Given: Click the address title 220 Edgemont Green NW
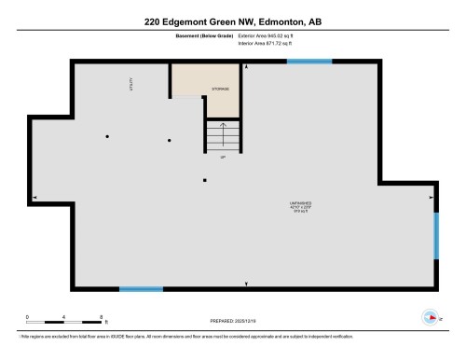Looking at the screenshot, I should click(232, 20).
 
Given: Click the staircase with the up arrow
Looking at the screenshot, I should click(223, 136).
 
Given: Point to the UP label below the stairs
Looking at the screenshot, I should click(223, 157).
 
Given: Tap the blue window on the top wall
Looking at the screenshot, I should click(309, 62).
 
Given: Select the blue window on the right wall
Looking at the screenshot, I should click(435, 235).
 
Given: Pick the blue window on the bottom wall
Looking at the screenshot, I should click(142, 288).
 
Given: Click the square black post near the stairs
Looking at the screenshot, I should click(205, 179).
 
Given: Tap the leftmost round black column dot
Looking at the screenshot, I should click(108, 137).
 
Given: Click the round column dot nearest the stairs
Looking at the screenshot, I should click(169, 140).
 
